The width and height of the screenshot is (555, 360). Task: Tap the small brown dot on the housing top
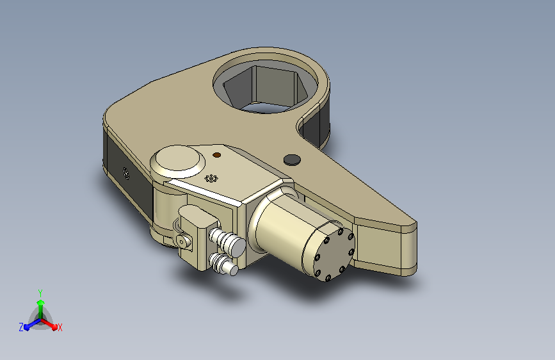point(217,155)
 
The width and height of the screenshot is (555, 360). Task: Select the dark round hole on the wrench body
point(292,160)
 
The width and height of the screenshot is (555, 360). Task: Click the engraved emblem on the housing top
point(211,178)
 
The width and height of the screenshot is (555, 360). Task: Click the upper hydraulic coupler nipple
point(228,241)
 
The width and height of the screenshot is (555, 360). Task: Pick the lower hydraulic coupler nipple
point(223,264)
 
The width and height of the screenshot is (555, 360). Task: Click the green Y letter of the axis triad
point(40,293)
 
